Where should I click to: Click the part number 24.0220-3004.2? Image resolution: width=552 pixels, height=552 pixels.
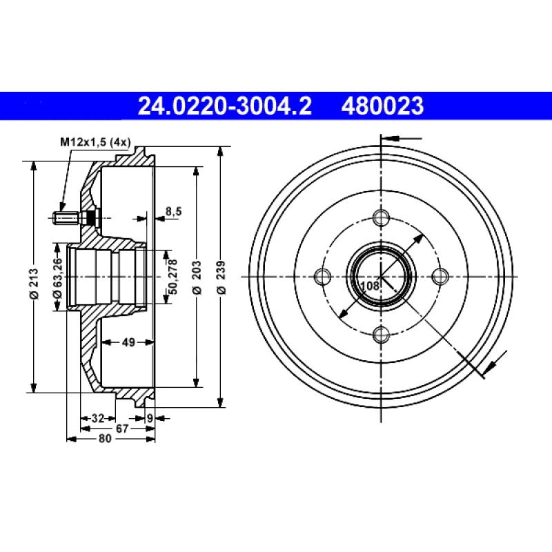tap(225, 106)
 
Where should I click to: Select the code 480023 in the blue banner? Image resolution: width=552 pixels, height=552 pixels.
tap(381, 106)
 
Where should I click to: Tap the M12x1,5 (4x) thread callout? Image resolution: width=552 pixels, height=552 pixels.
tap(95, 143)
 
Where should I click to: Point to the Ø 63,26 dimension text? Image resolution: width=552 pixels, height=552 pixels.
tap(58, 275)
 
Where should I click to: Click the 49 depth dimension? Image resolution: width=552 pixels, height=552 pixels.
tap(128, 341)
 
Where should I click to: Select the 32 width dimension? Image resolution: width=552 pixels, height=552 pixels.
tap(97, 417)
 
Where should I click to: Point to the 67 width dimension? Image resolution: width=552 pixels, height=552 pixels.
tap(122, 428)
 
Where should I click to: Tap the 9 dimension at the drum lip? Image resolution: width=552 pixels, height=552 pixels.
tap(149, 417)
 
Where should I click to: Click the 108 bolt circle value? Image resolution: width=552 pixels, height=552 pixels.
tap(370, 286)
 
